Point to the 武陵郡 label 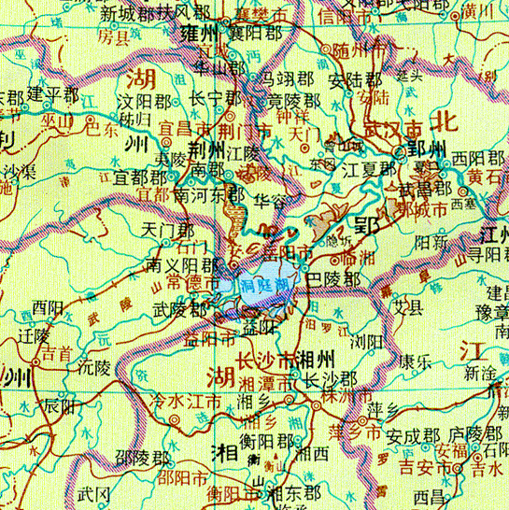point(180,307)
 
